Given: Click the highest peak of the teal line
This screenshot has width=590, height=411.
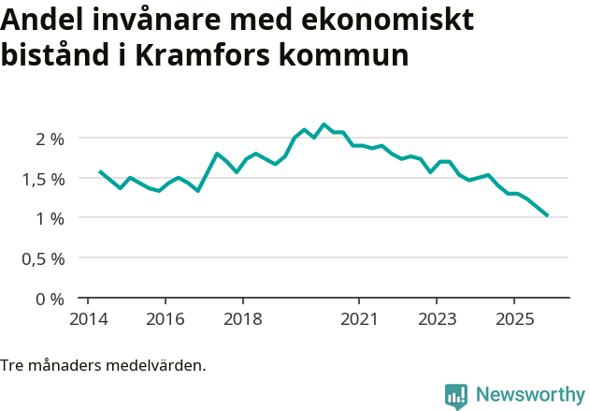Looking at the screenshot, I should tap(324, 125).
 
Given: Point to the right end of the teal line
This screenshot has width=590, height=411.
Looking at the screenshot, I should tap(547, 215).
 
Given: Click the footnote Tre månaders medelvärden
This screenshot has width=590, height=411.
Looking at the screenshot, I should tap(103, 365).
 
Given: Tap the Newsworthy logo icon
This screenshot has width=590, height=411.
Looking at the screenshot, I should tap(456, 396).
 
